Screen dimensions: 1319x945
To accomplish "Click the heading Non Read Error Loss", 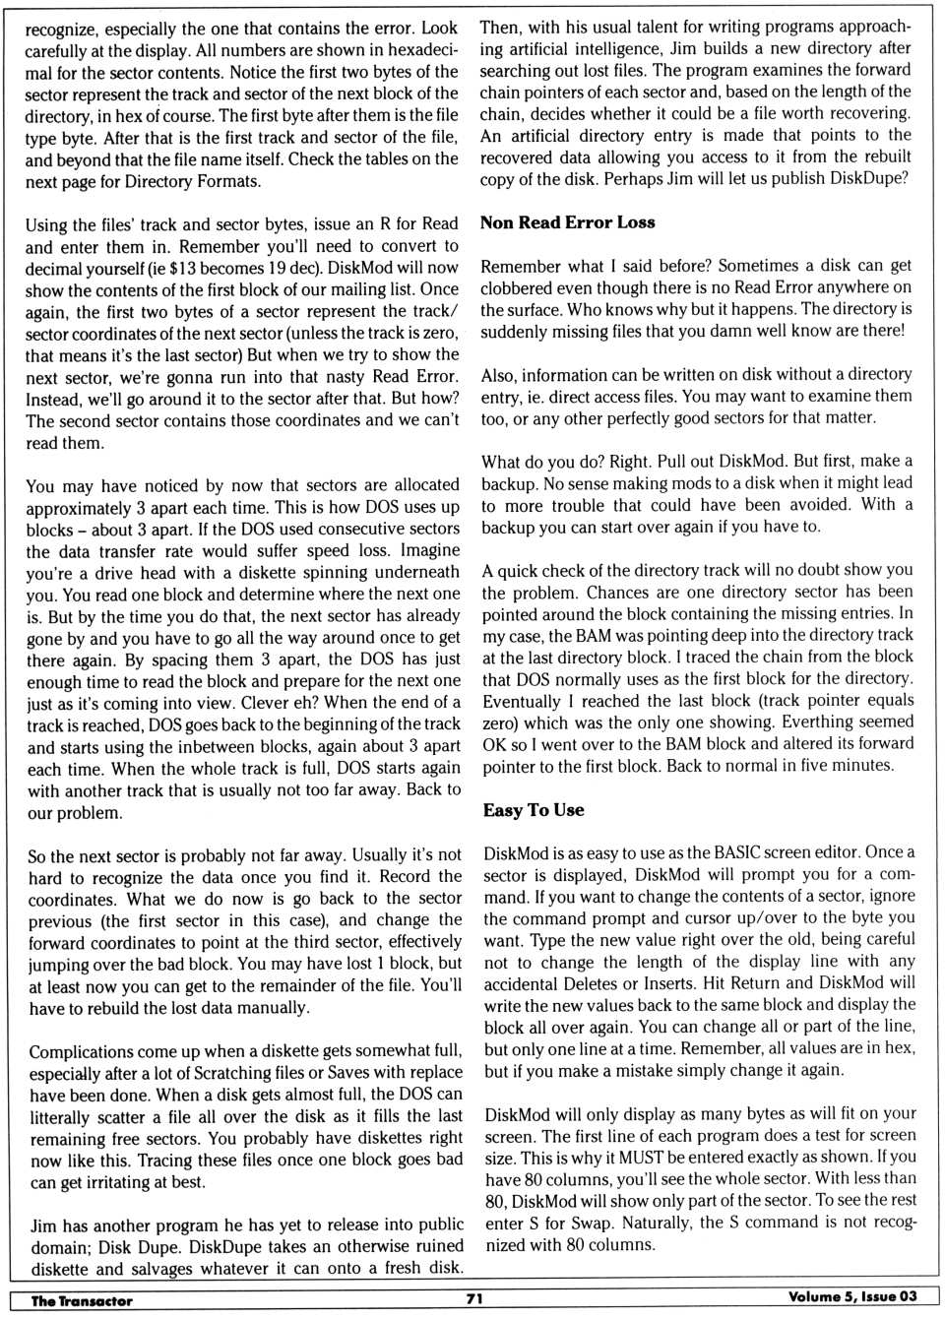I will (567, 222).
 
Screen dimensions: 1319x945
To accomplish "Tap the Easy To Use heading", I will (534, 810).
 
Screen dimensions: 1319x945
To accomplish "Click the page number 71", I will (474, 1298).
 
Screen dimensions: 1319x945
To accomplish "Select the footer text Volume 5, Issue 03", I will (852, 1296).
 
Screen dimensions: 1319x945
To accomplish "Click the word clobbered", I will (523, 287).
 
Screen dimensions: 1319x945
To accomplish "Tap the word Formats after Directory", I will (229, 181).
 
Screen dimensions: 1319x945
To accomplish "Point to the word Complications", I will (85, 1051).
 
